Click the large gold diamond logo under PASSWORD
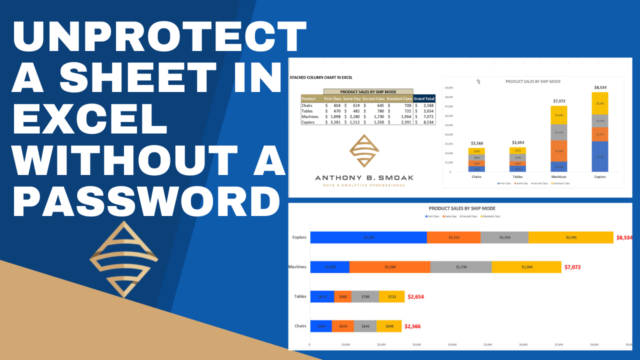click(123, 258)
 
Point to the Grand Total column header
click(424, 98)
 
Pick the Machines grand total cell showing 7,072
click(425, 116)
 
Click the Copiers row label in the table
click(308, 122)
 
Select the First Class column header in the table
click(332, 98)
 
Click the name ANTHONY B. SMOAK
click(364, 177)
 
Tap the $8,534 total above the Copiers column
click(600, 87)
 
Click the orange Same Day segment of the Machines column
click(558, 151)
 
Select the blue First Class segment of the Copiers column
click(600, 156)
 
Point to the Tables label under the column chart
click(517, 176)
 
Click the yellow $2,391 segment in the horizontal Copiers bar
click(570, 237)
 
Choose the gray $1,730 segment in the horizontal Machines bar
click(460, 267)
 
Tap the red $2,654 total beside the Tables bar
click(416, 296)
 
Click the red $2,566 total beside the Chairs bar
click(412, 326)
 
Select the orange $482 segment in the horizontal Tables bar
click(342, 296)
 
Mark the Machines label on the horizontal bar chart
click(297, 267)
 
